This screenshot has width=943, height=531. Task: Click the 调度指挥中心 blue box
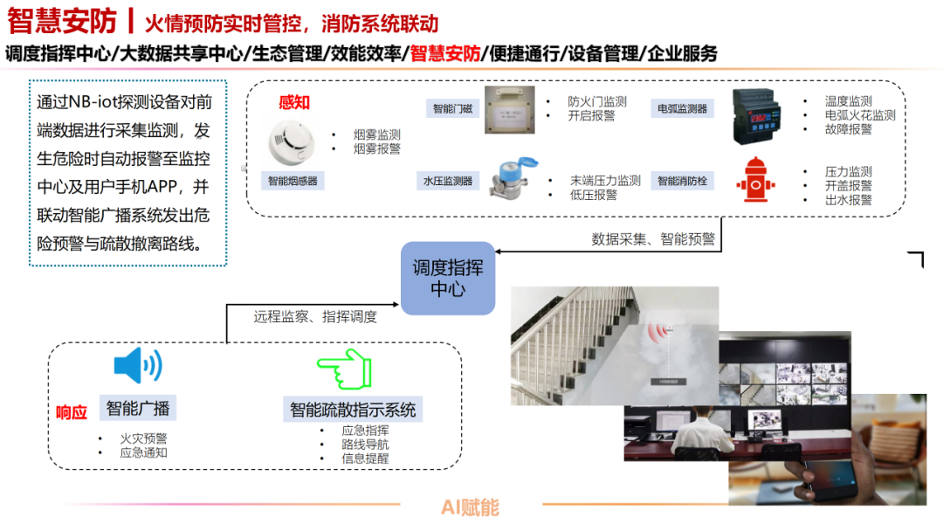pyautogui.click(x=448, y=279)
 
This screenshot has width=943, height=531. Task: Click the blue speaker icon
pyautogui.click(x=138, y=366)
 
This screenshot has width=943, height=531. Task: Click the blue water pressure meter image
pyautogui.click(x=515, y=177)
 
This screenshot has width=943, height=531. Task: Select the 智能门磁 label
pyautogui.click(x=451, y=109)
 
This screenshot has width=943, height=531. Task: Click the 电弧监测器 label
pyautogui.click(x=682, y=109)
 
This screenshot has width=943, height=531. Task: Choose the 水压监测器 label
pyautogui.click(x=447, y=182)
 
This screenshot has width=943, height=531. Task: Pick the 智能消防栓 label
pyautogui.click(x=682, y=182)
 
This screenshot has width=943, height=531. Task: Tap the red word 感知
pyautogui.click(x=294, y=102)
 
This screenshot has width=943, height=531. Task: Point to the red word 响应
pyautogui.click(x=72, y=412)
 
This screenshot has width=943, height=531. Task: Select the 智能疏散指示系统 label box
pyautogui.click(x=353, y=409)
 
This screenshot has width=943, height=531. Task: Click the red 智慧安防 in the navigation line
pyautogui.click(x=444, y=53)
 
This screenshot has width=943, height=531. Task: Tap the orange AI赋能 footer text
pyautogui.click(x=470, y=507)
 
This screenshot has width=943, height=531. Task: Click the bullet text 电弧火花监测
pyautogui.click(x=860, y=115)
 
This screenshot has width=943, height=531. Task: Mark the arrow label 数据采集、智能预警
pyautogui.click(x=652, y=238)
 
